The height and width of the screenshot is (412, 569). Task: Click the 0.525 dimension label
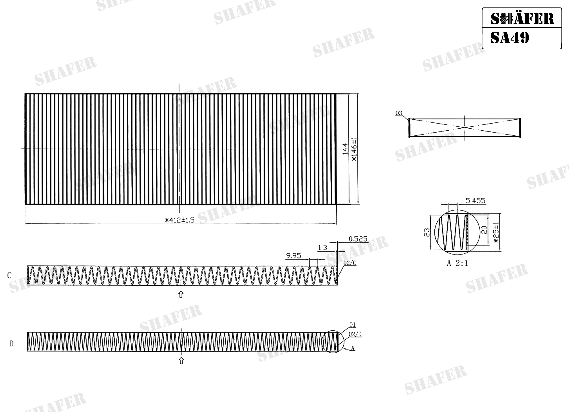tap(358, 239)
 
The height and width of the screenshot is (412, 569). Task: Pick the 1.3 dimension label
tap(322, 248)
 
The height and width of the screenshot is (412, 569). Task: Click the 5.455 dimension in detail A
tap(475, 201)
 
